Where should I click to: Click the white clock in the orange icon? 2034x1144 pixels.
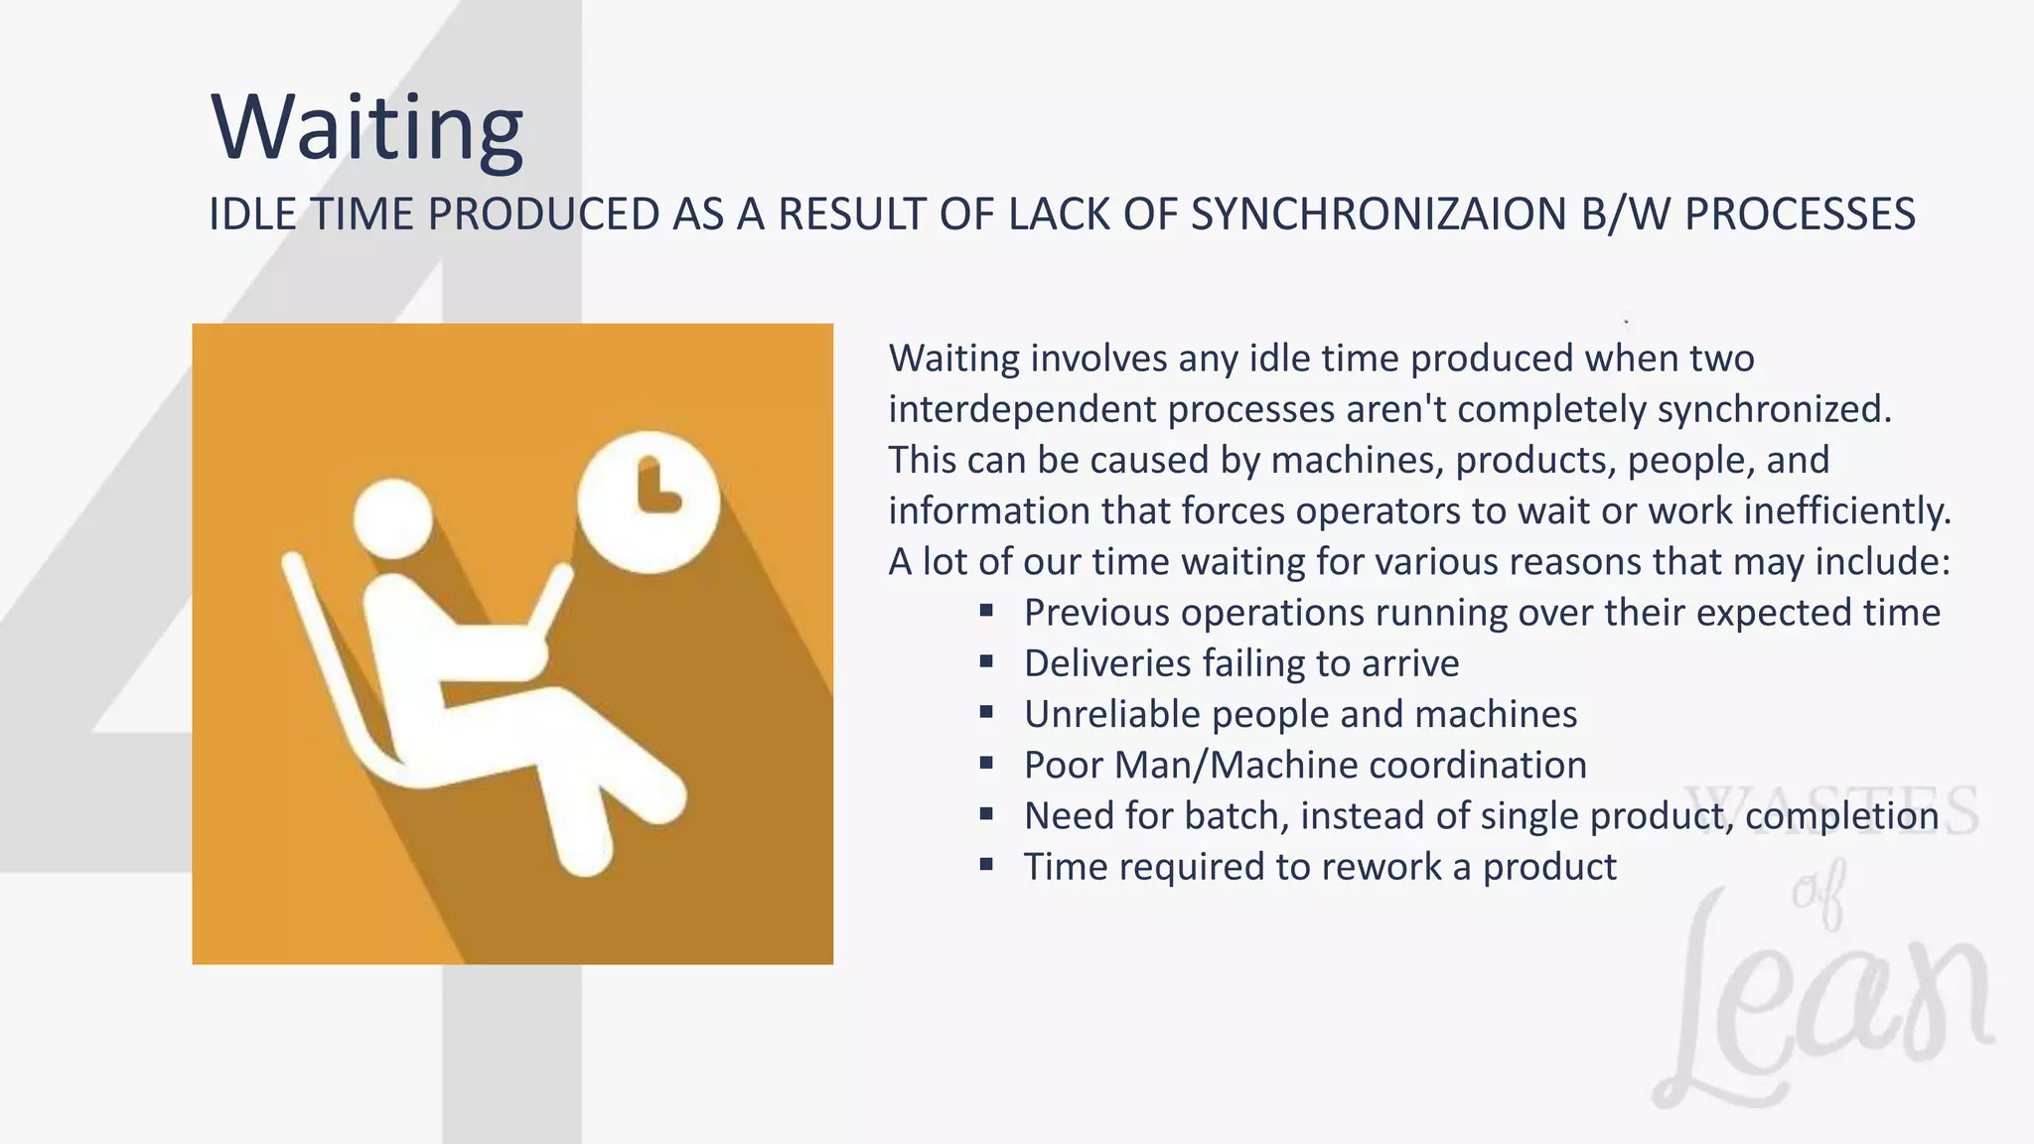click(648, 501)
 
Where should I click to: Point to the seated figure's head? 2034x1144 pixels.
click(393, 518)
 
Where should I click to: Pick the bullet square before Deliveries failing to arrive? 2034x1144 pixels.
click(986, 661)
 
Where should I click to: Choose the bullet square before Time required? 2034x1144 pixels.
click(986, 865)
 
